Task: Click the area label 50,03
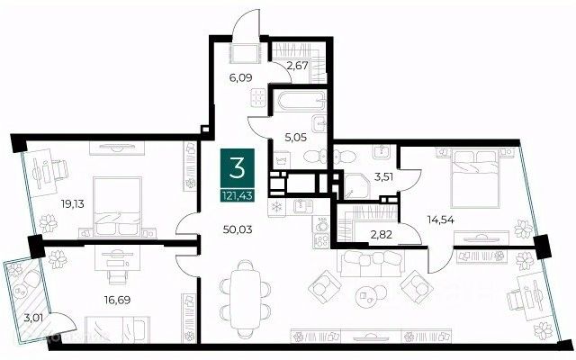coord(238,230)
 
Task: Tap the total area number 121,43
coord(238,196)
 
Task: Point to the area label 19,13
coord(72,204)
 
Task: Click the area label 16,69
coord(117,300)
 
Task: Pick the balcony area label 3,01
coord(33,318)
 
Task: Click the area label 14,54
coord(441,220)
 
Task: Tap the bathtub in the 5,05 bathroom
coord(301,101)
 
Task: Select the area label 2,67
coord(298,67)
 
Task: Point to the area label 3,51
coord(383,176)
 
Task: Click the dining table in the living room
coord(246,300)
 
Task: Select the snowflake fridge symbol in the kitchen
coord(276,207)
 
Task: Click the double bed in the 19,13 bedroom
coord(118,207)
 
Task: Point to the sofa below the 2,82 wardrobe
coord(373,262)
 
